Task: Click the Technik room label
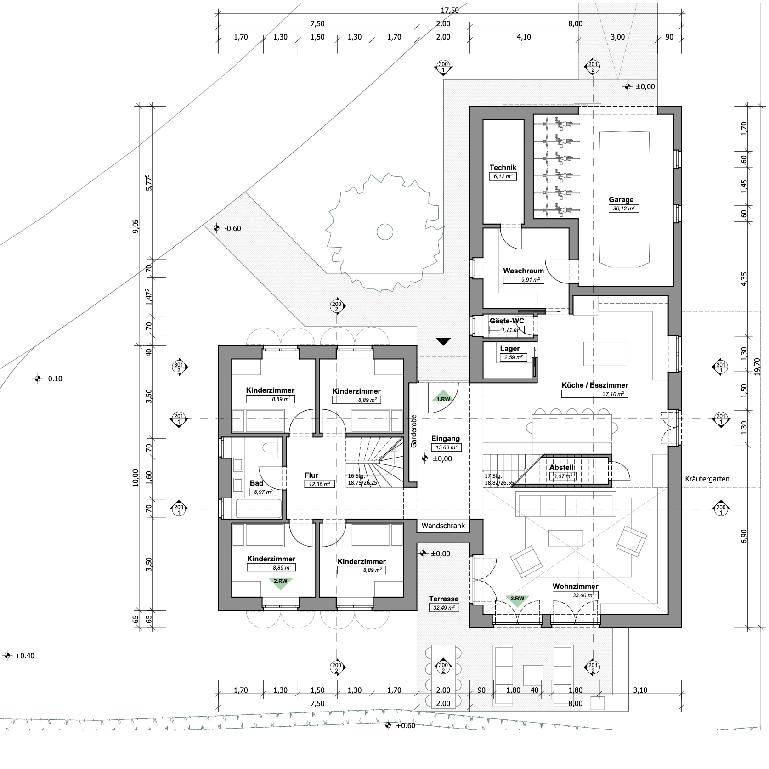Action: click(503, 168)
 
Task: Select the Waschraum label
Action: click(523, 271)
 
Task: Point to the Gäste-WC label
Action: click(507, 321)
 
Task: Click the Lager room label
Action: click(510, 349)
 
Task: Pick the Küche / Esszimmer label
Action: click(595, 385)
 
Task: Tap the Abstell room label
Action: click(561, 468)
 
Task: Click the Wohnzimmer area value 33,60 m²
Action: click(575, 595)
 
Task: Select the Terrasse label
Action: click(444, 599)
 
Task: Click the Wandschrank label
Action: click(443, 526)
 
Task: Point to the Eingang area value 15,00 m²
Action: click(446, 447)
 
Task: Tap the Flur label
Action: click(311, 475)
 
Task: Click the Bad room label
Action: click(256, 483)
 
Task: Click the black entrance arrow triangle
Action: click(443, 341)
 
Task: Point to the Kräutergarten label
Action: click(707, 479)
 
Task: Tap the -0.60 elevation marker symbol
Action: click(216, 228)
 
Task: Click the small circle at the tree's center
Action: click(385, 232)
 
